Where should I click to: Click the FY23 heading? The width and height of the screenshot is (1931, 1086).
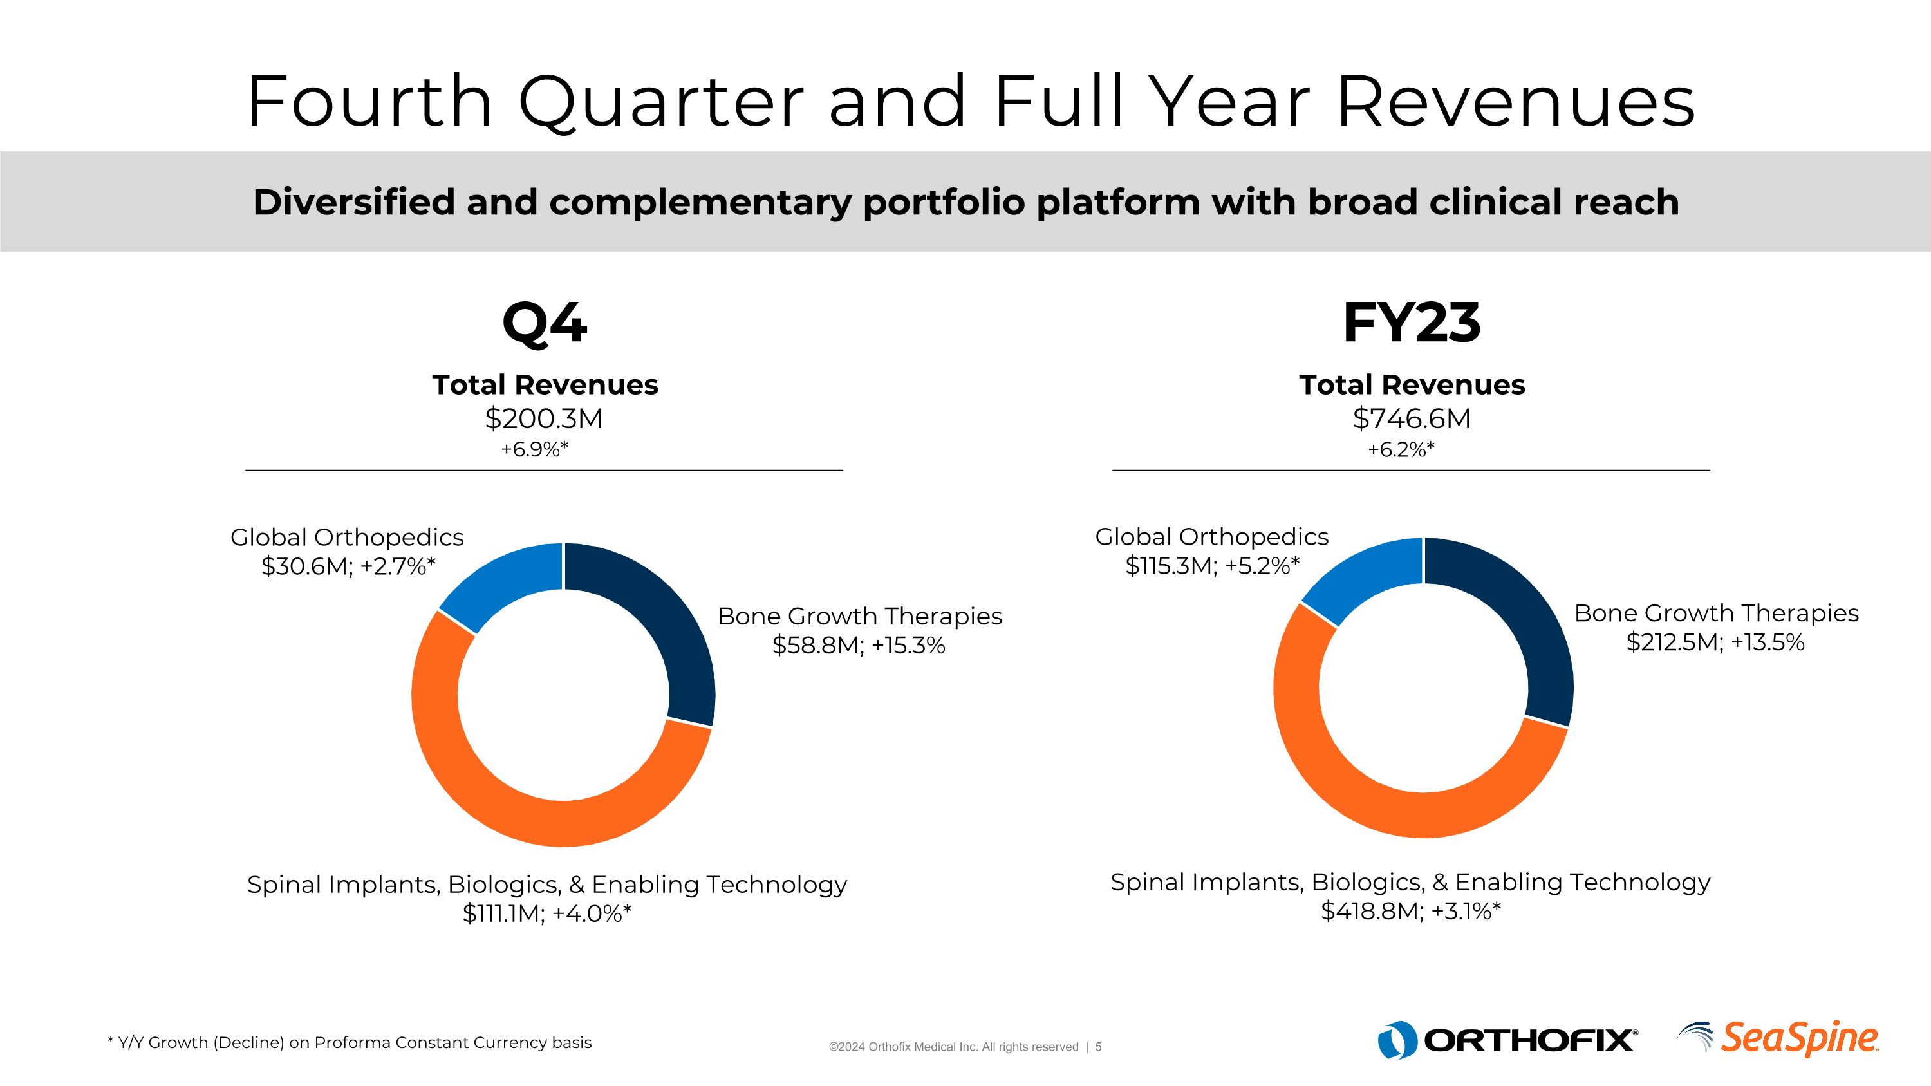[1412, 324]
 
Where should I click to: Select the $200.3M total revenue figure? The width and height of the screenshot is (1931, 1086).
[544, 418]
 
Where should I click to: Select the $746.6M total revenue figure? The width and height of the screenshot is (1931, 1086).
[1412, 418]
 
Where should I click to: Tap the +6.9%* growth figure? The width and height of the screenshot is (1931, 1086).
[534, 450]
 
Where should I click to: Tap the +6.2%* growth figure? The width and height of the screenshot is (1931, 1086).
[1401, 450]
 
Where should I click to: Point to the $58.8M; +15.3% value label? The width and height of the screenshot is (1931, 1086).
[858, 645]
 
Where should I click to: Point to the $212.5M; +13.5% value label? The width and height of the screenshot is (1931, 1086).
[1715, 642]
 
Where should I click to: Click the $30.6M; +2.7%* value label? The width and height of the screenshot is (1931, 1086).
[348, 566]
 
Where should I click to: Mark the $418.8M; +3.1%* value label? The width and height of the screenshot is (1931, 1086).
[1411, 912]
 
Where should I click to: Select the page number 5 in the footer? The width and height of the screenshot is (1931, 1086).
[1098, 1047]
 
